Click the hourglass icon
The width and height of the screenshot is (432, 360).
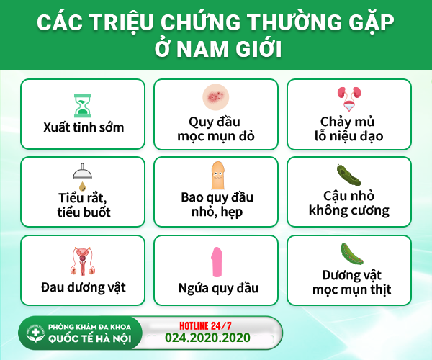[82, 106]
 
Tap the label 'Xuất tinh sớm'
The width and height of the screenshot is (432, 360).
[84, 127]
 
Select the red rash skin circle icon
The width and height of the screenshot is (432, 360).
[216, 97]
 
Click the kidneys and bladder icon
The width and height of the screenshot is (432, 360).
[349, 99]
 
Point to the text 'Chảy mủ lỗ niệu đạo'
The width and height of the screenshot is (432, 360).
[348, 129]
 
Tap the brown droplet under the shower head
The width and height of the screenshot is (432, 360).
[82, 186]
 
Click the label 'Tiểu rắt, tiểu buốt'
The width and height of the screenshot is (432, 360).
[84, 205]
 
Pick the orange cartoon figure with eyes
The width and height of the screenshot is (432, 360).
[217, 175]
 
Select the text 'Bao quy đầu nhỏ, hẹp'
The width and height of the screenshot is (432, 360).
[217, 204]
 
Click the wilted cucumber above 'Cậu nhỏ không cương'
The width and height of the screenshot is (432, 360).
[348, 175]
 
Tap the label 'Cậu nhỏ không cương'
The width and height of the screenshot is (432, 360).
[348, 204]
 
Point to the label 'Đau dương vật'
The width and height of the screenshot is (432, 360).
[84, 287]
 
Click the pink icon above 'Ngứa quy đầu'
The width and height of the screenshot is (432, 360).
[217, 261]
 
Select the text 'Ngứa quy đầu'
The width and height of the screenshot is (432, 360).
[218, 289]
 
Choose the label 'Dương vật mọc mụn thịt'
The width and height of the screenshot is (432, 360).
[352, 282]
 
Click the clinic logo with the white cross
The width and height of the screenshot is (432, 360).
[35, 333]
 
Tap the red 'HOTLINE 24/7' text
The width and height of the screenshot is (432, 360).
[205, 326]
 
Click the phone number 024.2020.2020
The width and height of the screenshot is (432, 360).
[207, 338]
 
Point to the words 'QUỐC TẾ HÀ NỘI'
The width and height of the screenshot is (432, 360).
[90, 339]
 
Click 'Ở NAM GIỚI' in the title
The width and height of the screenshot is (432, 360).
[218, 49]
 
